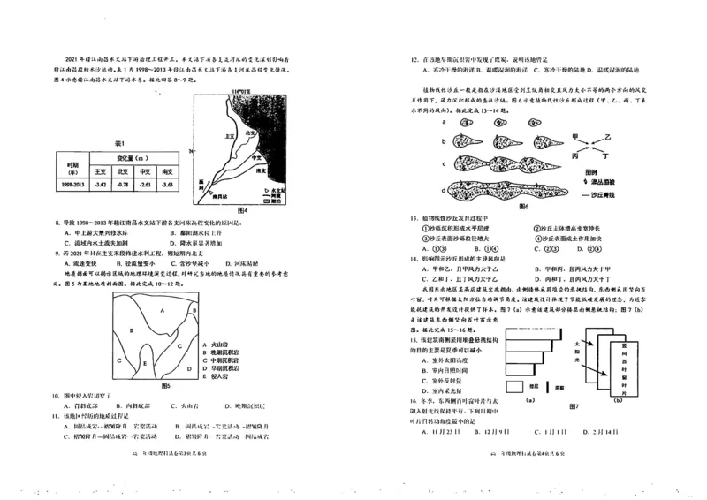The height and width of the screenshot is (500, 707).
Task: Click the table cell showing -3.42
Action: (101, 184)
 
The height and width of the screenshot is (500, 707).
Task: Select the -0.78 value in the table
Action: (123, 184)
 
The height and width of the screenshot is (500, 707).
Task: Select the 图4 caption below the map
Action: (239, 210)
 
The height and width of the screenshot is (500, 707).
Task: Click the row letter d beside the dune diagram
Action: (442, 188)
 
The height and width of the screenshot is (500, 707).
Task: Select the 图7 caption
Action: (574, 405)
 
